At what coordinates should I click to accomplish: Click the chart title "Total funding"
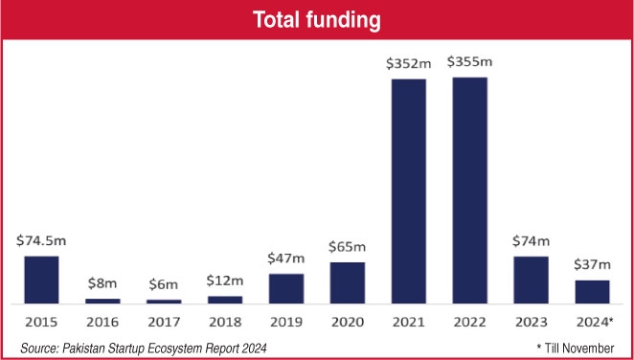click(316, 19)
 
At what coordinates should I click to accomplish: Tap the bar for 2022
click(469, 190)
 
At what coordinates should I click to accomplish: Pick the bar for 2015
click(41, 279)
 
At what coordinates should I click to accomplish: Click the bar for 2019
click(285, 288)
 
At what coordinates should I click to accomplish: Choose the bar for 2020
click(347, 282)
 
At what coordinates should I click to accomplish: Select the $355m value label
click(469, 63)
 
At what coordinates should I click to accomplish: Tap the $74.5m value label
click(41, 241)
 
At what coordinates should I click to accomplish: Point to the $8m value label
click(102, 283)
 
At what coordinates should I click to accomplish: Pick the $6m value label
click(164, 285)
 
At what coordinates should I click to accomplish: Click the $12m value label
click(225, 281)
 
